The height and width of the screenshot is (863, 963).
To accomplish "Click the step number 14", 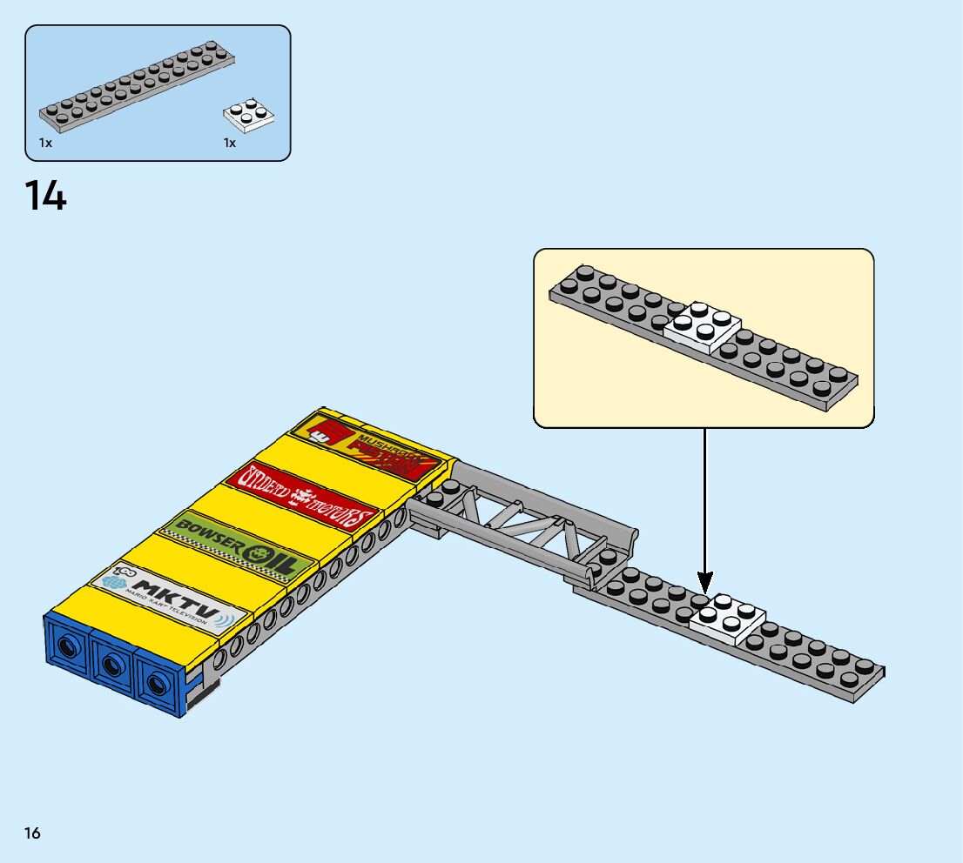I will pyautogui.click(x=45, y=197).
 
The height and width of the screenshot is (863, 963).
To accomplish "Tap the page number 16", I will pyautogui.click(x=32, y=833).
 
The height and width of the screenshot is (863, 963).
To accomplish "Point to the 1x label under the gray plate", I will pyautogui.click(x=45, y=143).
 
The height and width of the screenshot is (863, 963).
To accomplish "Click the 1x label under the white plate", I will pyautogui.click(x=229, y=143).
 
